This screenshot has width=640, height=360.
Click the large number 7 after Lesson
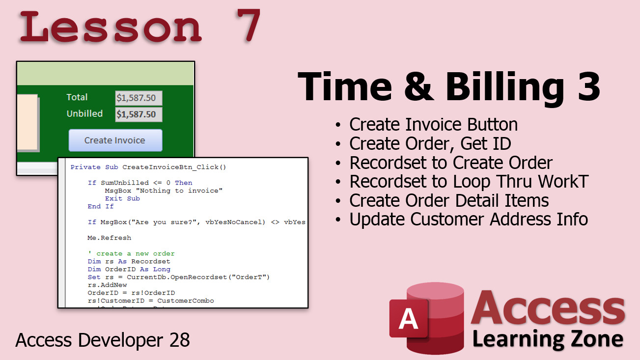tap(248, 25)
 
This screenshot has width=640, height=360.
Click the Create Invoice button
tap(115, 140)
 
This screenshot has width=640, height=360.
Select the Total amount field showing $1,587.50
tap(139, 98)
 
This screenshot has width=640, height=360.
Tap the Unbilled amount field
tap(139, 114)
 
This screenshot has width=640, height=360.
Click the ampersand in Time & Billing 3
tap(418, 86)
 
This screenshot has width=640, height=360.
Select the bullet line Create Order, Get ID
tap(430, 143)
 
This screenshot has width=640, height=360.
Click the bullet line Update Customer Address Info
tap(469, 220)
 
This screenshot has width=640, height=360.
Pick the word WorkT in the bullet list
tap(563, 181)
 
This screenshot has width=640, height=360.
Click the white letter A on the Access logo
tap(408, 319)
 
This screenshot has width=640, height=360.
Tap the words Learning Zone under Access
tap(548, 339)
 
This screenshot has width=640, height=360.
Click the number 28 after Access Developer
tap(179, 340)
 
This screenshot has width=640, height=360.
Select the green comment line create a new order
tap(131, 253)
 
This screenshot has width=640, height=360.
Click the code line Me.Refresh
tap(110, 238)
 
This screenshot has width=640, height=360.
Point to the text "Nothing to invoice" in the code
tap(179, 191)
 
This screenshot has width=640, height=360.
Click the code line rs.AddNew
tap(107, 285)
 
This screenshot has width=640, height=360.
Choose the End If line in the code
tap(101, 206)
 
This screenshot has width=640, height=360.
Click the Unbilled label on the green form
tap(84, 114)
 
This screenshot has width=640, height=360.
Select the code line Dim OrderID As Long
tap(129, 269)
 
